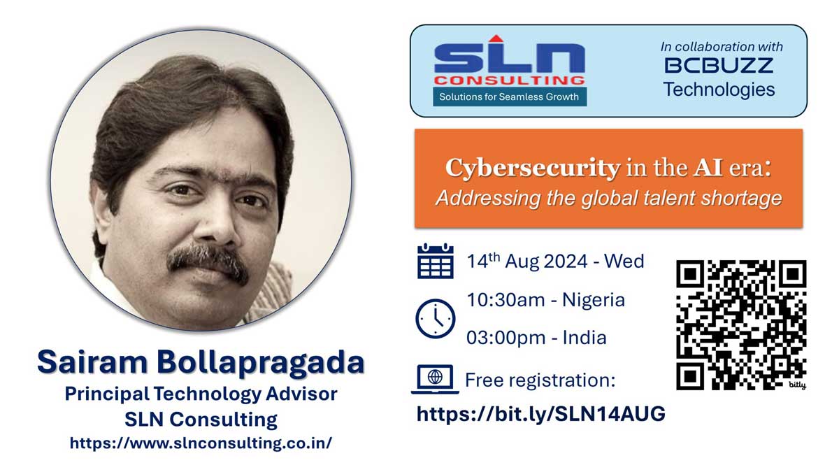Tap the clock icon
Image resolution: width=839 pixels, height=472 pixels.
435,318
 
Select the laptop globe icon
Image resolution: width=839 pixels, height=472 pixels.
435,379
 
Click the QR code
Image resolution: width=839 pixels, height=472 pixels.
741,325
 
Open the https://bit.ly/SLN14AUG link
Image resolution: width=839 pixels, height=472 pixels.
541,414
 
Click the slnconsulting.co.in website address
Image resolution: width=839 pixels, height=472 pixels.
201,443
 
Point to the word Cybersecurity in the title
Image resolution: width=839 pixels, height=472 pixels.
533,169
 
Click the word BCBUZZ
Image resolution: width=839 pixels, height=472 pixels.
719,66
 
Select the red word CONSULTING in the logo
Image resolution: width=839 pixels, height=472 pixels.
510,80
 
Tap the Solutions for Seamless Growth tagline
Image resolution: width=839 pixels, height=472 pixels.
509,96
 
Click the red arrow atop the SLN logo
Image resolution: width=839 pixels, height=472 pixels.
496,38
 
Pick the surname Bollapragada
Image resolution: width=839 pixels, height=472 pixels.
261,363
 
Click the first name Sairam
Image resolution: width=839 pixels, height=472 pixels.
92,362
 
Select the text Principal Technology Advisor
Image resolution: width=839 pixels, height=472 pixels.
201,394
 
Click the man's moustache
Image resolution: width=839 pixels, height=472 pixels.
207,262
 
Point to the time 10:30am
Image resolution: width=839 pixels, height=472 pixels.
505,300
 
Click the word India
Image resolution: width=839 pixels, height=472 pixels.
585,338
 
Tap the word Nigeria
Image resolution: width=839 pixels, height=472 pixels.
594,300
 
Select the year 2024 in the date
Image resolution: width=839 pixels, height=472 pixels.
566,261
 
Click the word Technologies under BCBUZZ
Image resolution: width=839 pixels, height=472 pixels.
719,90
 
